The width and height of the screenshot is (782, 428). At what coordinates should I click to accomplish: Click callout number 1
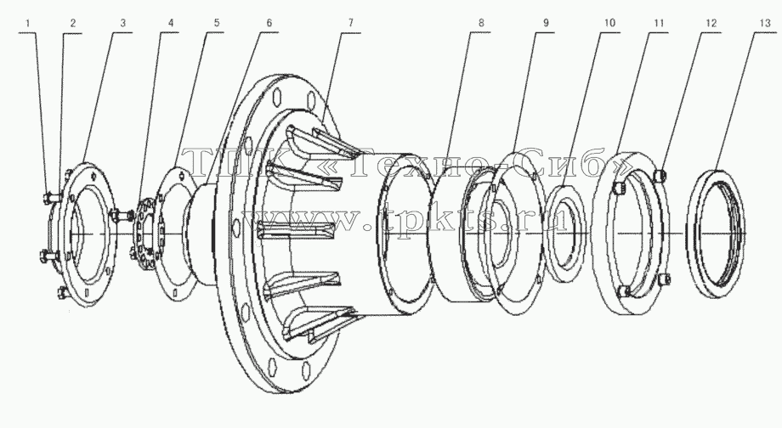pyautogui.click(x=28, y=23)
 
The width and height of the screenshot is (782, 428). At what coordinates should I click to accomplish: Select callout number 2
pyautogui.click(x=73, y=23)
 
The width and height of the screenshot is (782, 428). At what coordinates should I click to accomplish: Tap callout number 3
pyautogui.click(x=122, y=23)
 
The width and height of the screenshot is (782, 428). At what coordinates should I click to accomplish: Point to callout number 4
pyautogui.click(x=171, y=23)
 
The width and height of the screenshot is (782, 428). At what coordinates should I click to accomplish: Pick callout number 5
pyautogui.click(x=217, y=23)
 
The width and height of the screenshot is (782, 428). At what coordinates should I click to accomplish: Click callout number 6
pyautogui.click(x=269, y=23)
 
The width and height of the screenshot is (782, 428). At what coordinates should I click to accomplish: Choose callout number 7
pyautogui.click(x=350, y=23)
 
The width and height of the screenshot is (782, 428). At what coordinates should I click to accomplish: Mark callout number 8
pyautogui.click(x=481, y=23)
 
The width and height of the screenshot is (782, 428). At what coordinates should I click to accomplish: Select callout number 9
pyautogui.click(x=546, y=23)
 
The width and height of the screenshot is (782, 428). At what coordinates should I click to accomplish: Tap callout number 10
pyautogui.click(x=609, y=23)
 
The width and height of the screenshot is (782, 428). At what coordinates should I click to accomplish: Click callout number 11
pyautogui.click(x=659, y=23)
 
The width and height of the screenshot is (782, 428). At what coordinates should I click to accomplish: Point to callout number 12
pyautogui.click(x=711, y=23)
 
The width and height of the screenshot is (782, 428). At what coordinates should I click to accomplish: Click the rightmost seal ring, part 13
pyautogui.click(x=690, y=234)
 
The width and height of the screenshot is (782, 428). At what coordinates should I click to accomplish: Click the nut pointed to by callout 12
pyautogui.click(x=660, y=174)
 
